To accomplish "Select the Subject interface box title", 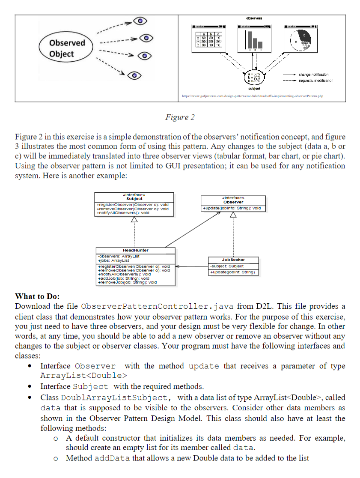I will [x=134, y=199].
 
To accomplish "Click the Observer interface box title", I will [x=233, y=202].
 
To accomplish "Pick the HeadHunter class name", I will [x=135, y=250].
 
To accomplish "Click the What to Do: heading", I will [x=37, y=296].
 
